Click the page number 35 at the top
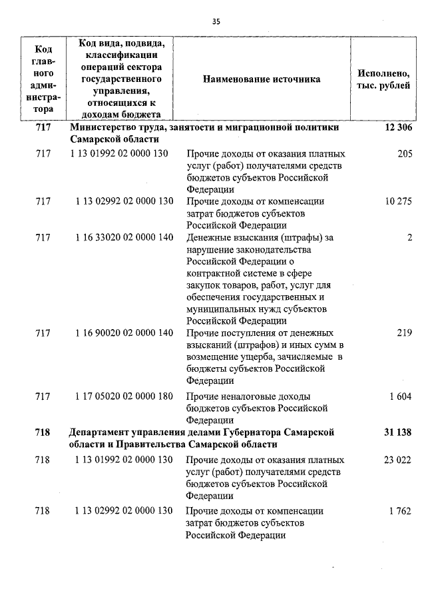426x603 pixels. [x=216, y=21]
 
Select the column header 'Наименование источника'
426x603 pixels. [x=262, y=79]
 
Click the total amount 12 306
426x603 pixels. [x=398, y=128]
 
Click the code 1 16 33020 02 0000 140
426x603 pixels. [x=124, y=237]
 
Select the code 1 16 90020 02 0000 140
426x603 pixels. [x=124, y=332]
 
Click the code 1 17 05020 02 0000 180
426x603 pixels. [x=124, y=396]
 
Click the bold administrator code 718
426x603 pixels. [x=43, y=432]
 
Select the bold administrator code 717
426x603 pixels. [x=43, y=128]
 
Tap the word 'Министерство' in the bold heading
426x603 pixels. [x=103, y=127]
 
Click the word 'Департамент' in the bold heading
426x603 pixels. [x=101, y=432]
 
